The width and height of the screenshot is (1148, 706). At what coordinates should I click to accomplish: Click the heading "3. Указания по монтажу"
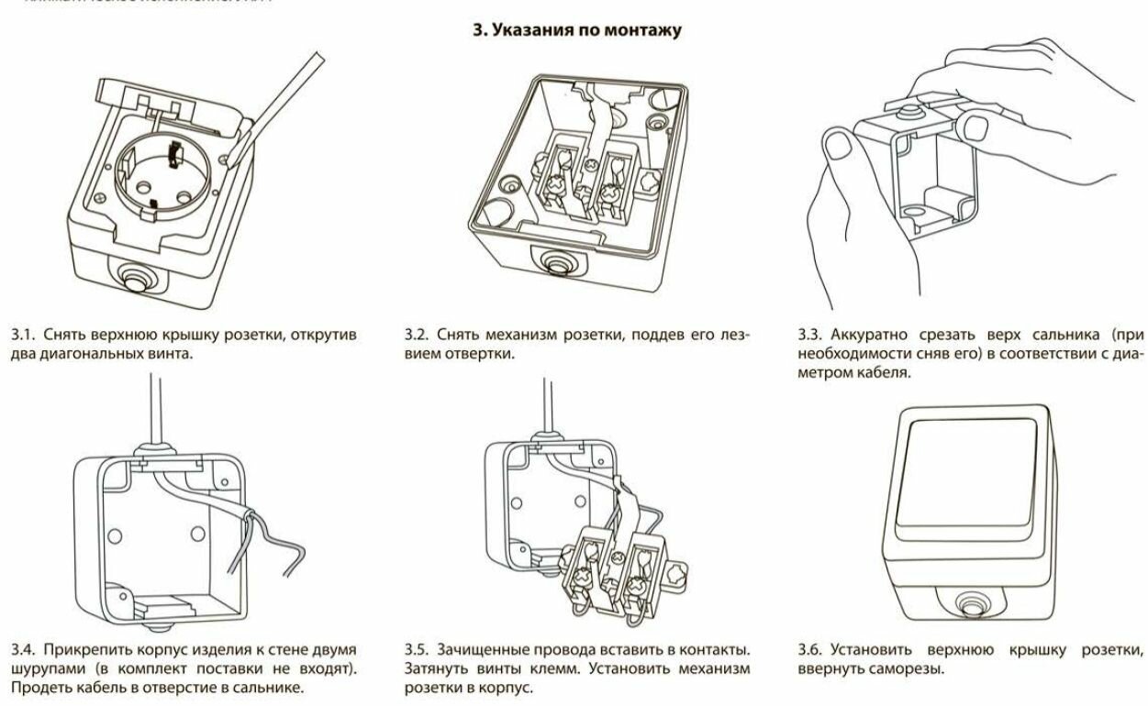[x=576, y=30]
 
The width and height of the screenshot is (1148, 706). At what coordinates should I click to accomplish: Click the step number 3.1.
[x=21, y=335]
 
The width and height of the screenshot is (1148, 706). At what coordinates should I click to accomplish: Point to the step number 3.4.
[x=21, y=650]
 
